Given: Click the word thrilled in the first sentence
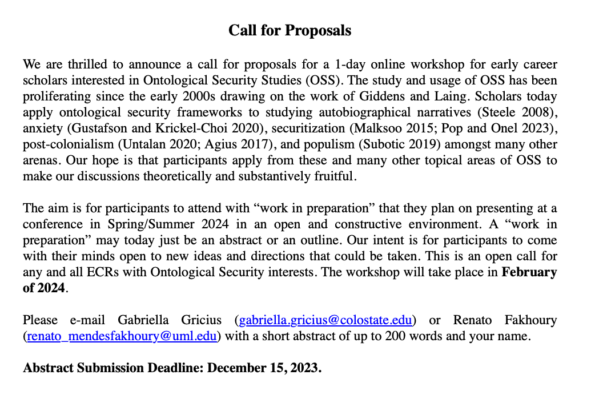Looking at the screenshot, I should pos(84,65).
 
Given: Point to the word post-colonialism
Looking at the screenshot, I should pos(65,144).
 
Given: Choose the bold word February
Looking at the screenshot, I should pos(529,272).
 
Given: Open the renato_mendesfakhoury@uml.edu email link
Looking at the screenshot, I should pos(122,336).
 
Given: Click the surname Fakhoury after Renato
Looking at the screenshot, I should pos(529,320).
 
